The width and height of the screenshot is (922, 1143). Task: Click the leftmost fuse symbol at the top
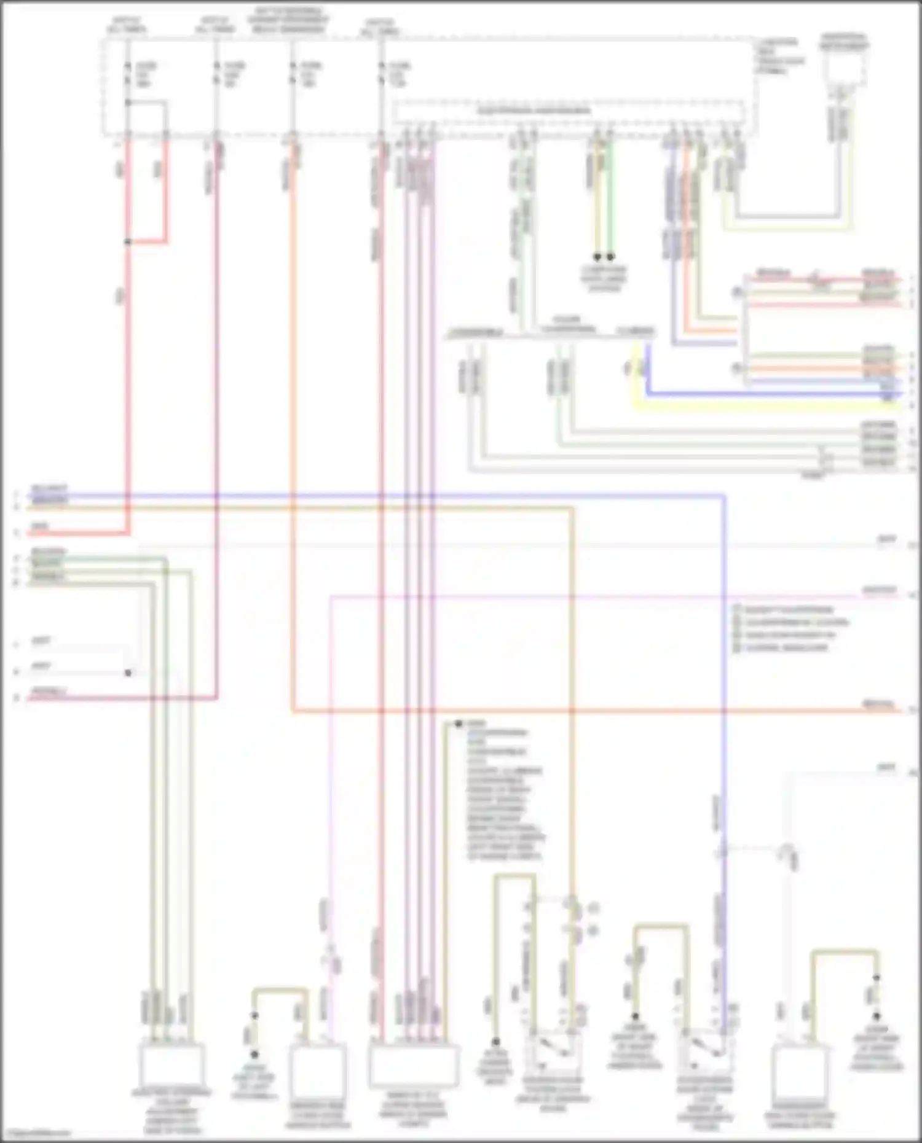pyautogui.click(x=127, y=73)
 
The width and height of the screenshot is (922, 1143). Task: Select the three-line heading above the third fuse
pyautogui.click(x=289, y=20)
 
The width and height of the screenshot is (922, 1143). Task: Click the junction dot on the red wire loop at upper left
pyautogui.click(x=128, y=242)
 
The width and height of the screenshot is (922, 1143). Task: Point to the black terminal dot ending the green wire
pyautogui.click(x=610, y=257)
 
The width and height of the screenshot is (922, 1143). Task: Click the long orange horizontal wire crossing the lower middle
pyautogui.click(x=553, y=711)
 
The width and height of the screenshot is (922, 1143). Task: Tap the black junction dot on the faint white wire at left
pyautogui.click(x=128, y=673)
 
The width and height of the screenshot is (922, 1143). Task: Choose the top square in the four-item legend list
pyautogui.click(x=737, y=610)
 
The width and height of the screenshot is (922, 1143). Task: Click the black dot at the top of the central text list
pyautogui.click(x=458, y=724)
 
